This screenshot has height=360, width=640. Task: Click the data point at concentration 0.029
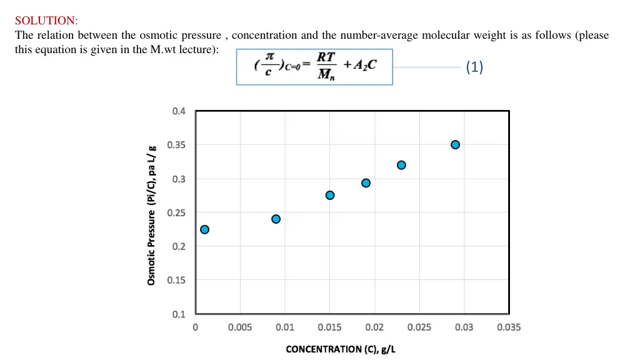pyautogui.click(x=455, y=145)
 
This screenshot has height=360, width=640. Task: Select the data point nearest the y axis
pyautogui.click(x=204, y=229)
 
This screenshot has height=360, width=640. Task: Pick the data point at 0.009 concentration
pyautogui.click(x=276, y=219)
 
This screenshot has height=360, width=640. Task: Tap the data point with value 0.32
pyautogui.click(x=401, y=165)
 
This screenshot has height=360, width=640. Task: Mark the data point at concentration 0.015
pyautogui.click(x=330, y=195)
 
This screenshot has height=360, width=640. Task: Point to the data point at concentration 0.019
pyautogui.click(x=366, y=183)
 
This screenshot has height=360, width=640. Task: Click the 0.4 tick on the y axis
pyautogui.click(x=179, y=111)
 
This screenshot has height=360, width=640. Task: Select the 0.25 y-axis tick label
pyautogui.click(x=176, y=212)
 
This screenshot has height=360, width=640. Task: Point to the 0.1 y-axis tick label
pyautogui.click(x=179, y=314)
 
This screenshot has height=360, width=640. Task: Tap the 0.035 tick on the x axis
pyautogui.click(x=509, y=327)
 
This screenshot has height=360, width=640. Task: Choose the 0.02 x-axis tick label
pyautogui.click(x=374, y=327)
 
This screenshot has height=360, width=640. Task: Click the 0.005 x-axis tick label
pyautogui.click(x=240, y=327)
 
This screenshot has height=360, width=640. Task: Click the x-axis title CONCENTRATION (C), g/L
pyautogui.click(x=341, y=349)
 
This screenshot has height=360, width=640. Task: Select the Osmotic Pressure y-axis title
pyautogui.click(x=151, y=215)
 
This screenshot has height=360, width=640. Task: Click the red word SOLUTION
pyautogui.click(x=44, y=21)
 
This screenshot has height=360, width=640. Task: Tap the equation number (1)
pyautogui.click(x=474, y=67)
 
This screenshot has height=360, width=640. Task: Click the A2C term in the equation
pyautogui.click(x=361, y=65)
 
